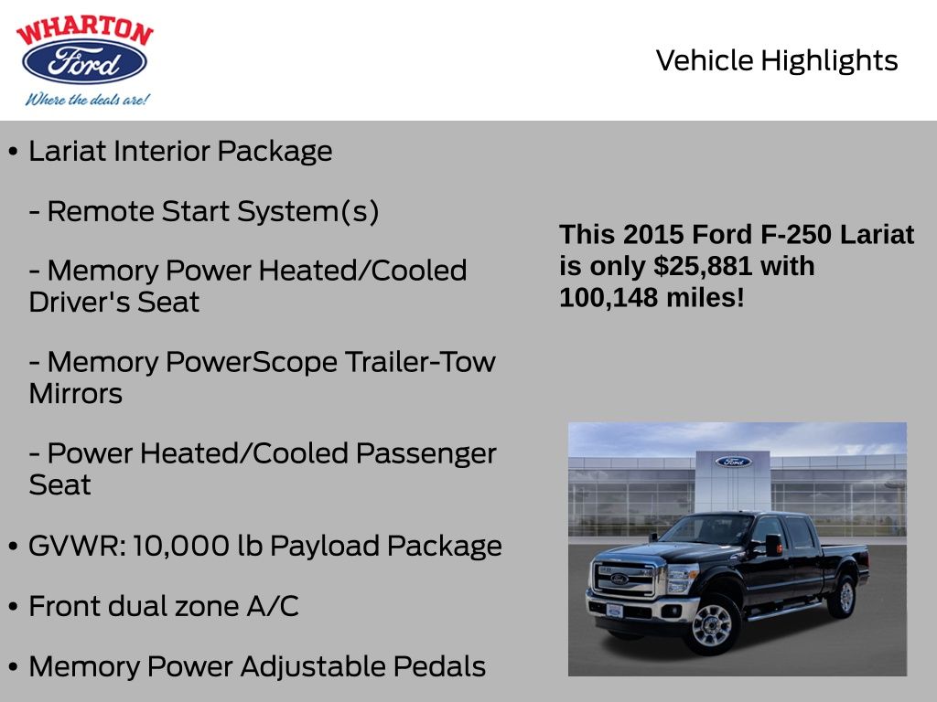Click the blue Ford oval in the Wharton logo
pos(84,62)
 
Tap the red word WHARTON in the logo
pos(84,32)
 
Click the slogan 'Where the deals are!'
pos(86,100)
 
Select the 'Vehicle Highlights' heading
pos(777,61)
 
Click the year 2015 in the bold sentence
pos(653,235)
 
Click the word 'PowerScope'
pos(251,362)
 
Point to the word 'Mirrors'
pos(76,394)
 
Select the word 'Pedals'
pos(438,666)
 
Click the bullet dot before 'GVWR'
pos(13,547)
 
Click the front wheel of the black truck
pos(711,625)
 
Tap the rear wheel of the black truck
pos(841,596)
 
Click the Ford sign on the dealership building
pos(733,462)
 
